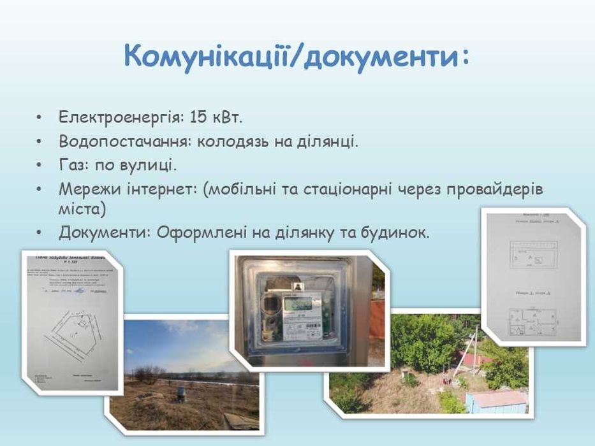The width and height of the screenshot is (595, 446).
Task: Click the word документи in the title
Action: tap(381, 56)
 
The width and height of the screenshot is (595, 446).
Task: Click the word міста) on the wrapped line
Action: tap(82, 209)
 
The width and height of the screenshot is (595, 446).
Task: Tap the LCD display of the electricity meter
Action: tap(302, 305)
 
